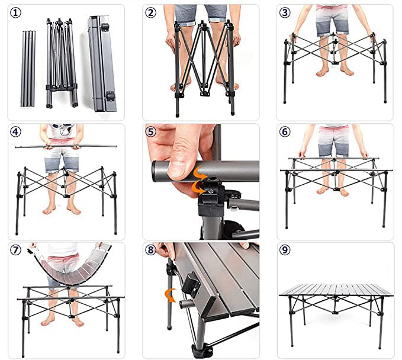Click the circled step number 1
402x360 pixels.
coord(15,12)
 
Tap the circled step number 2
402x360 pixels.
coord(150,12)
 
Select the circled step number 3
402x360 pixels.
coord(285,12)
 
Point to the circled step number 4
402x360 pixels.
coord(15,132)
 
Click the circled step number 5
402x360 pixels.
coord(150,132)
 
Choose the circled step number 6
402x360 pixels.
coord(285,132)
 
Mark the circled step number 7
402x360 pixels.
coord(15,250)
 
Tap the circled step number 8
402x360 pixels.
coord(150,250)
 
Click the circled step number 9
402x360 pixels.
coord(285,250)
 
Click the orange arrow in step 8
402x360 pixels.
coord(170,295)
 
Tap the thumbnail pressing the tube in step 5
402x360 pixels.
coord(177,168)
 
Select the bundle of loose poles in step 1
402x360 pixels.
coord(28,69)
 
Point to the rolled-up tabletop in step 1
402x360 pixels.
coord(102,63)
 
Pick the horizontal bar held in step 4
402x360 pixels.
coord(66,146)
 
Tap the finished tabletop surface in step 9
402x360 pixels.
coord(336,290)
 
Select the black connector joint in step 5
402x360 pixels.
coord(211,197)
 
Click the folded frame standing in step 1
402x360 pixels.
coord(62,63)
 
